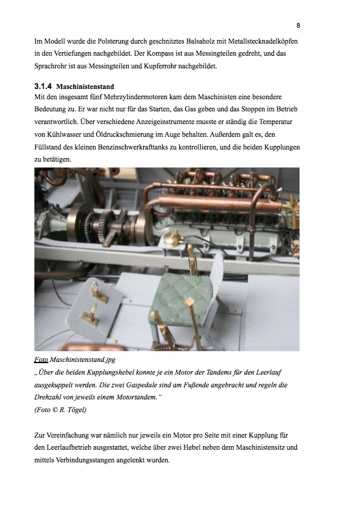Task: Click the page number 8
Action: (298, 25)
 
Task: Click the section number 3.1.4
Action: (43, 87)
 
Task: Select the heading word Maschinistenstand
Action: (85, 87)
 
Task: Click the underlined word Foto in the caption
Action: (41, 360)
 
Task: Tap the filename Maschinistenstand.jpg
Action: (83, 360)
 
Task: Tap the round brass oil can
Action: (174, 239)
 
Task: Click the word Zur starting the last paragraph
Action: (39, 435)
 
